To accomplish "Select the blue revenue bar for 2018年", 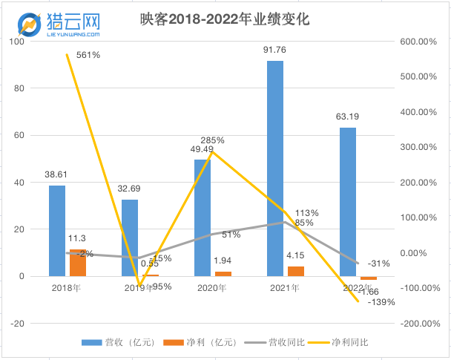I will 57,230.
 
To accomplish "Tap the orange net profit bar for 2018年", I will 78,263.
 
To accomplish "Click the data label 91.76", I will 275,50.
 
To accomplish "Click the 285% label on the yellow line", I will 211,140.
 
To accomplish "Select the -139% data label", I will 383,302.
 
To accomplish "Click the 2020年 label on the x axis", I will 212,287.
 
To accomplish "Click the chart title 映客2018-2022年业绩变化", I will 225,20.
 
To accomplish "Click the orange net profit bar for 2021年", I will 296,271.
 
